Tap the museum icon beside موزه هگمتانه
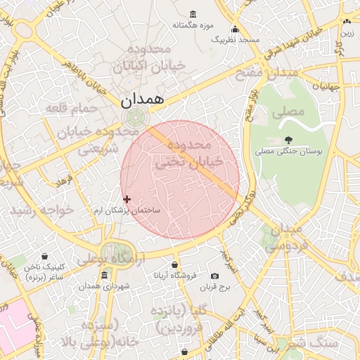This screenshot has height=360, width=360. tap(193, 14)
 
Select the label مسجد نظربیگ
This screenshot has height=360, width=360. tap(236, 40)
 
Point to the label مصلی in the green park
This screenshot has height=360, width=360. tap(292, 111)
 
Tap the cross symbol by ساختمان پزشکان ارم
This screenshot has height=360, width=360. tap(127, 199)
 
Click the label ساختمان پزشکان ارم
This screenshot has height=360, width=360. tap(128, 210)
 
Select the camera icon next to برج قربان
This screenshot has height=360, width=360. tap(215, 276)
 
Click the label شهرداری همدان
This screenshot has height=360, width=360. tap(105, 287)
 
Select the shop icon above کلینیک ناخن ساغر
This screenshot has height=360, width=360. tap(46, 256)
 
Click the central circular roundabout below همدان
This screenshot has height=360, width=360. tap(134, 117)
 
